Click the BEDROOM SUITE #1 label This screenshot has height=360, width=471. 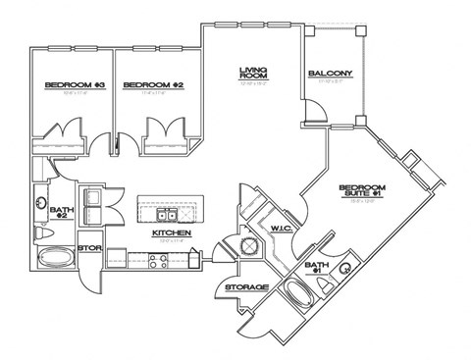[362, 190]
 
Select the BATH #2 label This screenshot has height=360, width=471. [60, 213]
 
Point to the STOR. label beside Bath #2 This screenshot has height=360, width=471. [89, 248]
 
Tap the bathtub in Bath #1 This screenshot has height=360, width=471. [298, 294]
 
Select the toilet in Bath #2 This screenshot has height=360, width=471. [41, 235]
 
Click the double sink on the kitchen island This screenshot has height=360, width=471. [165, 213]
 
